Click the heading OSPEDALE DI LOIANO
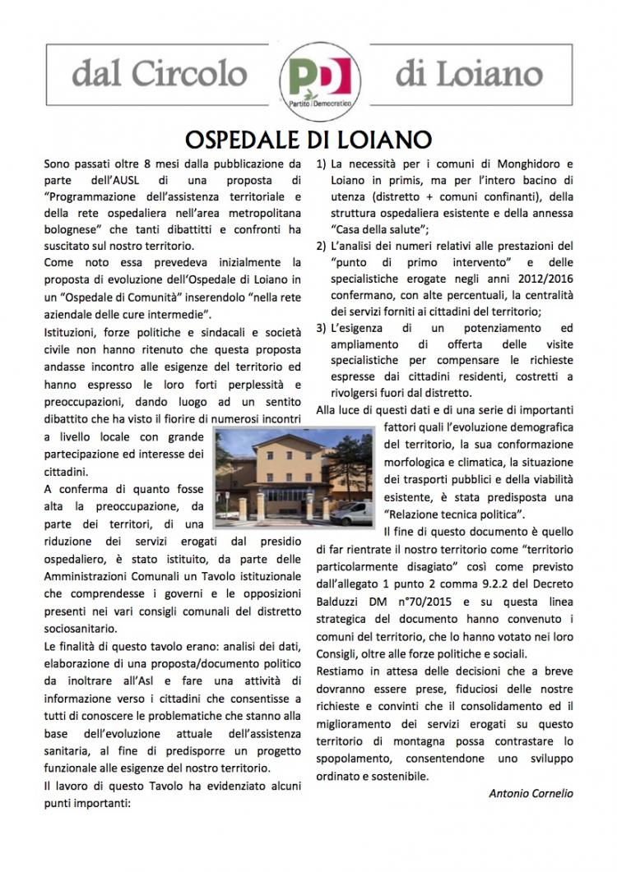point(308,136)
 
